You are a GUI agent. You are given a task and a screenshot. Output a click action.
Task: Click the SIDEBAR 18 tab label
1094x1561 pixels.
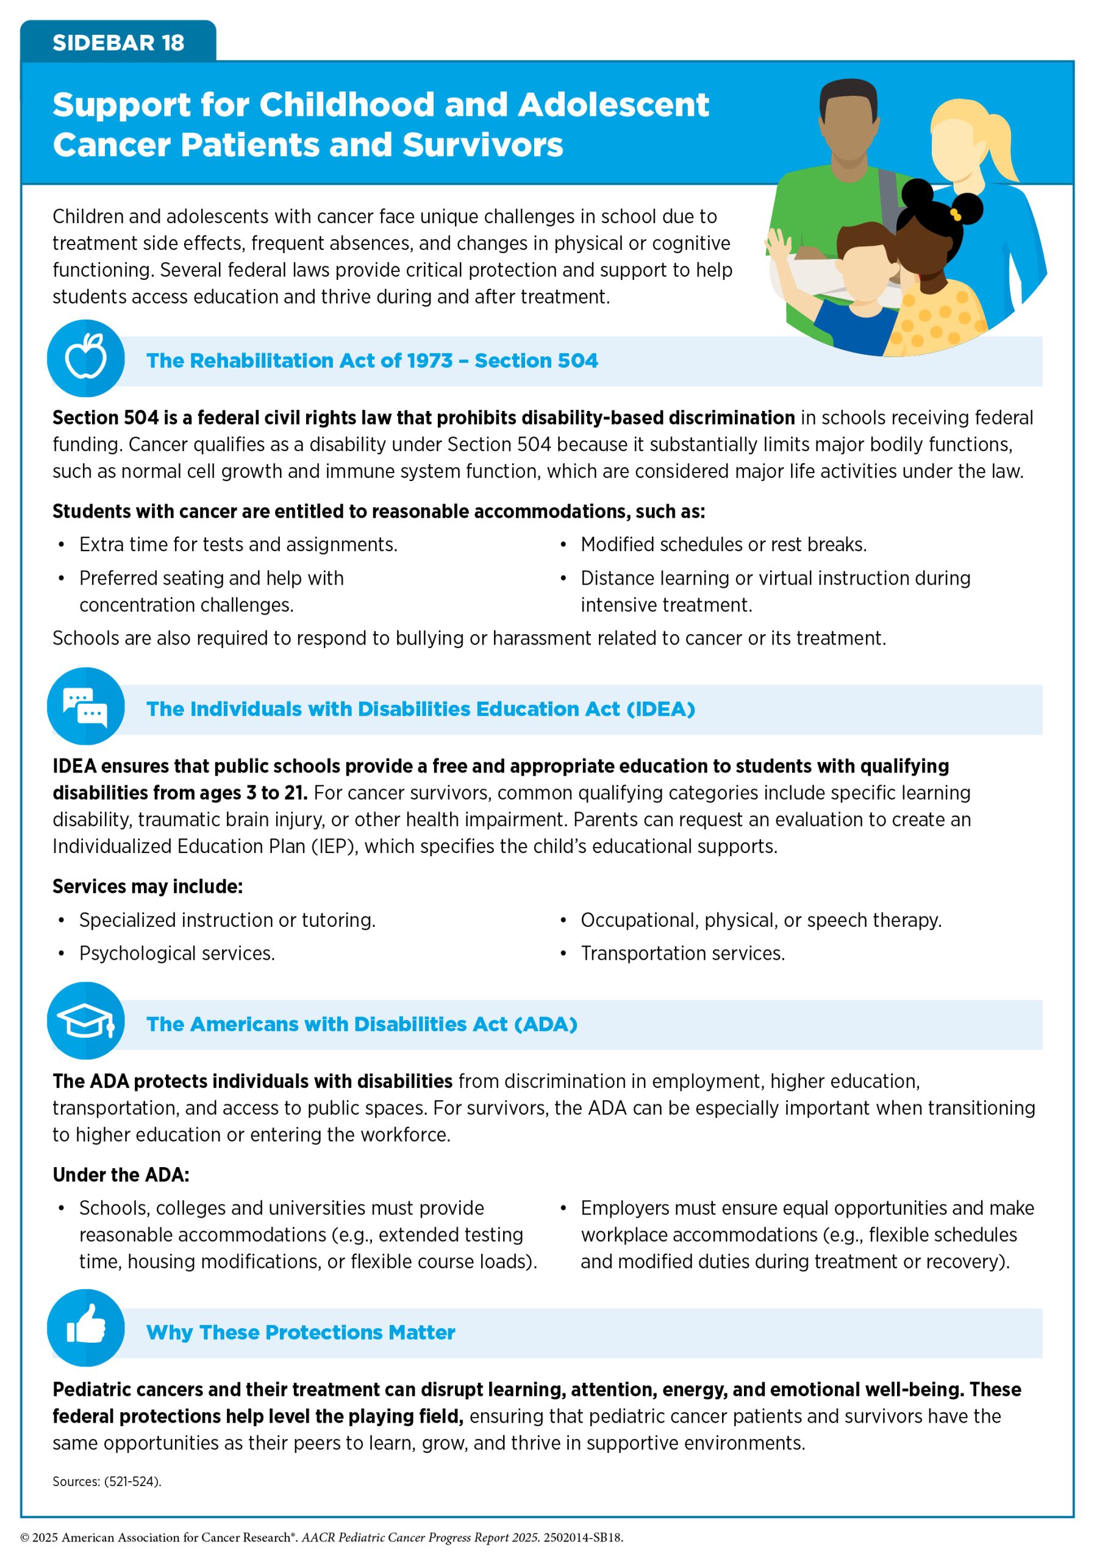(x=118, y=42)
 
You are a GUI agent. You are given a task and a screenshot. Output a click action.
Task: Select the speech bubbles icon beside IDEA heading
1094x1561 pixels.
(x=85, y=706)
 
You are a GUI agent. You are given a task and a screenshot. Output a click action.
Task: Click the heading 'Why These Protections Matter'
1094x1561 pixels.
(x=301, y=1332)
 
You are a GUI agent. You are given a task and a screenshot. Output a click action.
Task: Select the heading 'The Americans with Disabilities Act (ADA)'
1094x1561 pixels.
(x=362, y=1024)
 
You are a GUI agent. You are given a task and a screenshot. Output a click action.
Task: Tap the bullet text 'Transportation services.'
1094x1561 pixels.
(x=682, y=953)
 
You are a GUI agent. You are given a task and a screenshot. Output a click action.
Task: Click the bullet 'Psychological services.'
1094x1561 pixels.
(x=177, y=953)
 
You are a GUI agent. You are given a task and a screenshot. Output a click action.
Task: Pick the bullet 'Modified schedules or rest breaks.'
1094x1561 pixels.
(x=723, y=545)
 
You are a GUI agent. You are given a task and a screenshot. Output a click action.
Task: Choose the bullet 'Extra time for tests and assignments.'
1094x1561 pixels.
(x=238, y=545)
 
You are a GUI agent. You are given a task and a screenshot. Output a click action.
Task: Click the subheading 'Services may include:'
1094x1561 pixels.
(x=148, y=887)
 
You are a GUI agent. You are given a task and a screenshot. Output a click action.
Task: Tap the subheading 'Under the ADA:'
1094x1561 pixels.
(x=121, y=1175)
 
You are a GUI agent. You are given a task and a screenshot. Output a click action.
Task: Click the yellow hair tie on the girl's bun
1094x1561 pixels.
(x=956, y=215)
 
